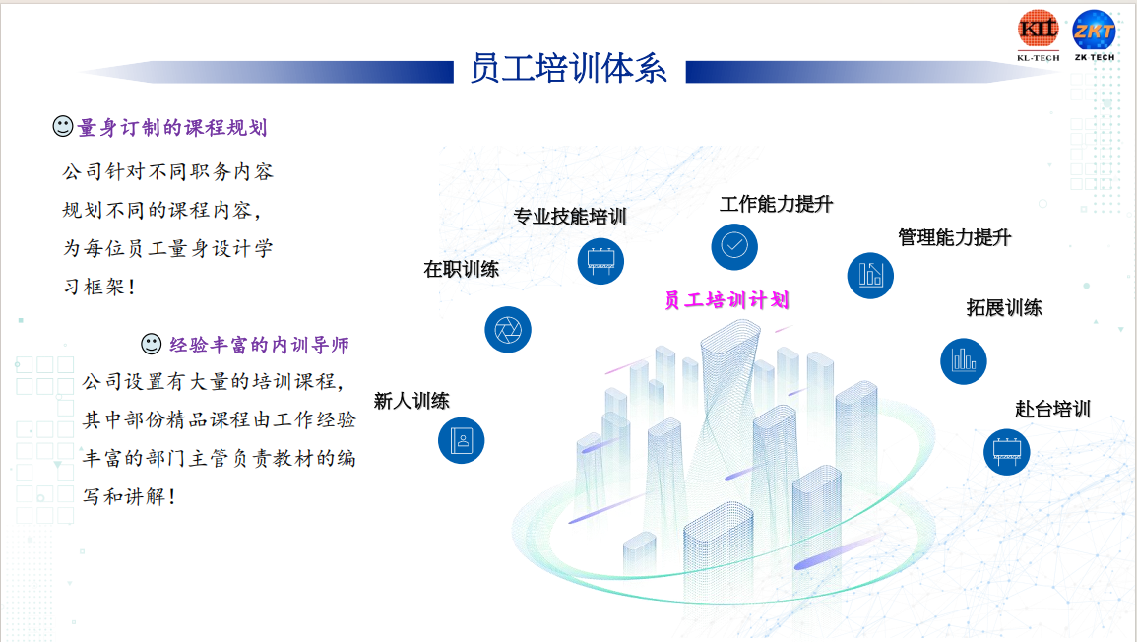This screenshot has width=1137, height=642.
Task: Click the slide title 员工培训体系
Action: tap(568, 70)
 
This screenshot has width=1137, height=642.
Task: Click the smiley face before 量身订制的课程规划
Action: tap(62, 127)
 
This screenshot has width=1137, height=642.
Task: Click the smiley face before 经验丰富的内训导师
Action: tap(152, 344)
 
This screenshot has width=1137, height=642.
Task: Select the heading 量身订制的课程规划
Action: tap(172, 128)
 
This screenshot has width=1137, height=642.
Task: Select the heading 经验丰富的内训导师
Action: tap(259, 345)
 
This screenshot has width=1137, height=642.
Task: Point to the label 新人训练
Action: tap(411, 401)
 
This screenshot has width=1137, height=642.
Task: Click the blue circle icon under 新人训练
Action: tap(461, 440)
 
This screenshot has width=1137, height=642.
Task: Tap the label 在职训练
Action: tap(461, 269)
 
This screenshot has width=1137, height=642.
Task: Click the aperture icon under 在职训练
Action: tap(508, 330)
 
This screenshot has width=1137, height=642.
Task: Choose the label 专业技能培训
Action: tap(569, 217)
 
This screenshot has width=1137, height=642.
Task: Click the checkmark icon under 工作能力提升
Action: tap(734, 246)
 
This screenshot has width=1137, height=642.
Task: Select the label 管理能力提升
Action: tap(954, 237)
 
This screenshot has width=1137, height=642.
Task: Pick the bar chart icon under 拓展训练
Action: tap(964, 361)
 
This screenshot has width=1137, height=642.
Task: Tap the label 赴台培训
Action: tap(1052, 409)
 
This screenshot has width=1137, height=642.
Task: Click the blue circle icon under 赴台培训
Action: tap(1006, 451)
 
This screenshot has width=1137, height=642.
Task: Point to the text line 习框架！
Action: tap(98, 287)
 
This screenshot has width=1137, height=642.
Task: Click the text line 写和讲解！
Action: tap(130, 496)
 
